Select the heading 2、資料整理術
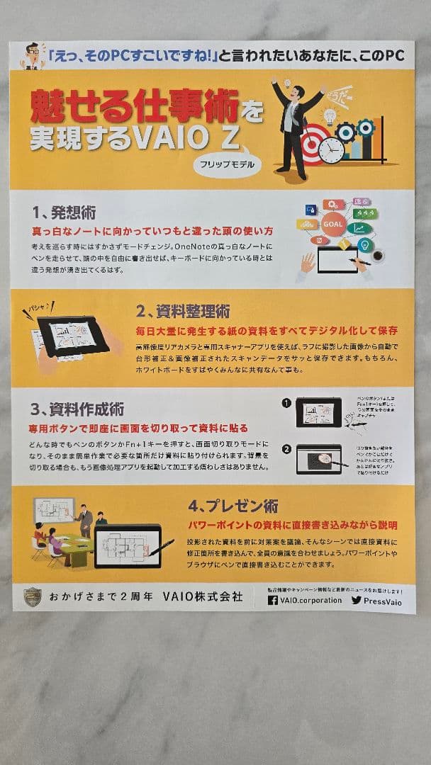pyautogui.click(x=183, y=312)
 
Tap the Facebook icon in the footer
pyautogui.click(x=273, y=600)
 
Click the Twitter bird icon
pyautogui.click(x=357, y=600)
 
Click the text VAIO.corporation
pyautogui.click(x=310, y=600)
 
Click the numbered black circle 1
pyautogui.click(x=286, y=403)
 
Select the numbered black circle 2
pyautogui.click(x=286, y=448)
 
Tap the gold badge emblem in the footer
pyautogui.click(x=32, y=597)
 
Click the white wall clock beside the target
pyautogui.click(x=330, y=150)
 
